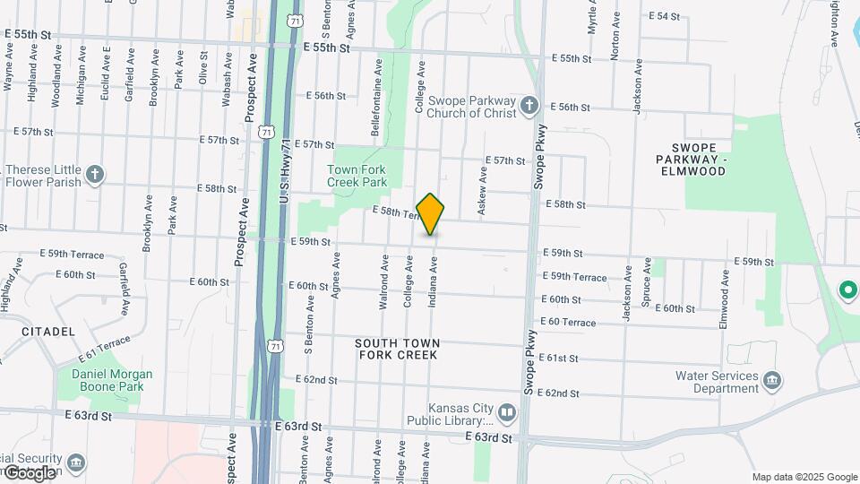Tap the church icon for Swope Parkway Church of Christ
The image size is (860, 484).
pyautogui.click(x=529, y=106)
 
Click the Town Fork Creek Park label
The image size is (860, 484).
pyautogui.click(x=357, y=176)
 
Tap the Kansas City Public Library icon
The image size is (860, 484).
pyautogui.click(x=507, y=413)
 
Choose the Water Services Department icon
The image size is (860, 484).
pyautogui.click(x=771, y=383)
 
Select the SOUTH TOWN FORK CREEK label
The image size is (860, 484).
pyautogui.click(x=397, y=349)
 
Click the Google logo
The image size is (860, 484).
pyautogui.click(x=29, y=472)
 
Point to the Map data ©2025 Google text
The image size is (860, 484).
pyautogui.click(x=804, y=477)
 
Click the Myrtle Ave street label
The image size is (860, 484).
pyautogui.click(x=592, y=18)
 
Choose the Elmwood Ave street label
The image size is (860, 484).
pyautogui.click(x=724, y=285)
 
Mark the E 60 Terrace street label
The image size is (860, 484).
pyautogui.click(x=567, y=323)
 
